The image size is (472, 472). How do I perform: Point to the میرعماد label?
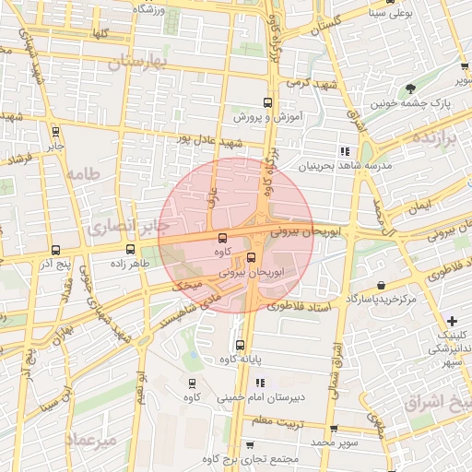tap(92, 441)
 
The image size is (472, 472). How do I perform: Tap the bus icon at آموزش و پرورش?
tap(268, 103)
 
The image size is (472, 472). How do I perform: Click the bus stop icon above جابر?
tap(56, 131)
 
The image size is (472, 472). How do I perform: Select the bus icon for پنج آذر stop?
tap(56, 250)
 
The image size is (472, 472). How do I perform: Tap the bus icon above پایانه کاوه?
tap(241, 346)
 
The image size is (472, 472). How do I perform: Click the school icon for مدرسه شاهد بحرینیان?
tap(344, 150)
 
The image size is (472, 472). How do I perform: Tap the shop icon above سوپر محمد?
tap(333, 428)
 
